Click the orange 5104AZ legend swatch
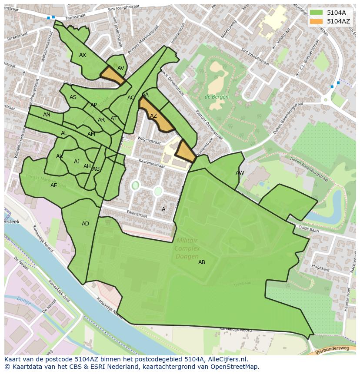coord(316,21)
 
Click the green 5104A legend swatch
coord(316,13)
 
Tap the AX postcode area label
coord(83,55)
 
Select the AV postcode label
coord(121,68)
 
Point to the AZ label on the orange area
coord(153,116)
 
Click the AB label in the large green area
coord(202,262)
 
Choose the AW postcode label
coord(240,173)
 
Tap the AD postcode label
coord(85,224)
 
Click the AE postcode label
coord(53,185)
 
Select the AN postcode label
coord(47,115)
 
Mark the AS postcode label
coord(73,97)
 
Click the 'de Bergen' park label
coord(217,97)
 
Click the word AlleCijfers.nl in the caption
coord(226,359)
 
